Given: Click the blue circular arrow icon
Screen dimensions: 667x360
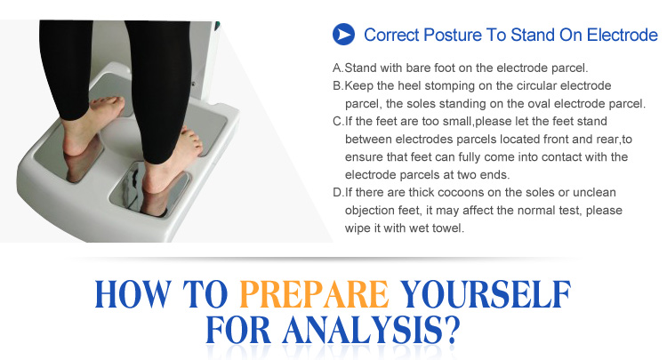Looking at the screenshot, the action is click(343, 35).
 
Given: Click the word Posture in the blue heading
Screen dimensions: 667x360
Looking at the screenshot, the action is click(452, 35).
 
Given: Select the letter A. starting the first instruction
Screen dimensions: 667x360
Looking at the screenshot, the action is click(338, 68).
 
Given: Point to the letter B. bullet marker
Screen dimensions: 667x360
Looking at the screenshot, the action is click(338, 86).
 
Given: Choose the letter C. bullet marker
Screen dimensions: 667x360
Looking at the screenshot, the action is click(338, 122).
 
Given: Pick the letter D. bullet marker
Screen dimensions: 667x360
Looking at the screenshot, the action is click(338, 193).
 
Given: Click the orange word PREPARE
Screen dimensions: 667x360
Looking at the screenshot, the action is click(314, 294).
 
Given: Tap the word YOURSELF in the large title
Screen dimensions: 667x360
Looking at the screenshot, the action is click(486, 294).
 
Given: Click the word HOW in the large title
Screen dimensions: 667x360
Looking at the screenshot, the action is click(133, 294).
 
